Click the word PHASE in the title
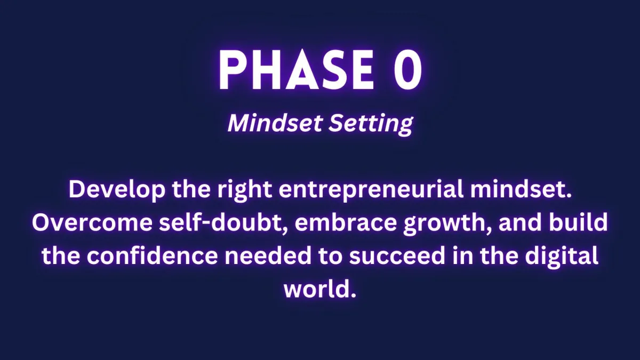[296, 69]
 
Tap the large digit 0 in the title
[407, 69]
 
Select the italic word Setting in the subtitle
[371, 124]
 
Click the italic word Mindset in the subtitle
[275, 123]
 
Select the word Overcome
[92, 222]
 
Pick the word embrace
[346, 222]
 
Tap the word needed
[268, 255]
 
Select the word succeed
[397, 255]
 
